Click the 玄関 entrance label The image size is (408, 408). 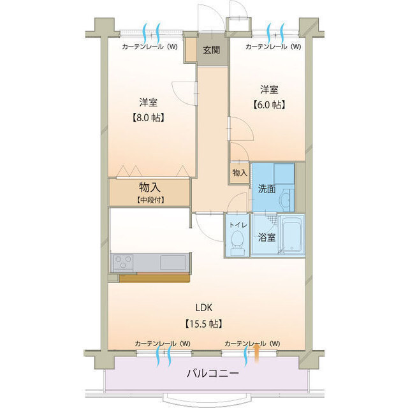(212, 50)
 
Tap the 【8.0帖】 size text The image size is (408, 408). (149, 117)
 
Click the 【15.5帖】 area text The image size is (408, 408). (203, 324)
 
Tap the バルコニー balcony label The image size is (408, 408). (214, 374)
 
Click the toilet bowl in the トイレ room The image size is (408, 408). (237, 242)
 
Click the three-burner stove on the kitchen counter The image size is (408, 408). (124, 262)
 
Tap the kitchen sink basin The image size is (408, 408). (173, 262)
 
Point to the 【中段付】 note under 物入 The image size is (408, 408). (149, 200)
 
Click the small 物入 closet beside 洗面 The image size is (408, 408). (240, 173)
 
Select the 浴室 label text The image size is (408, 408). (266, 238)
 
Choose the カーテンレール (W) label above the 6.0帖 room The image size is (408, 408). (273, 47)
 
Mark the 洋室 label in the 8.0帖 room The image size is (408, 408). (149, 102)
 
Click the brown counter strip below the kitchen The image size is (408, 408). (154, 278)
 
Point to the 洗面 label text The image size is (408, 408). (266, 189)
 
